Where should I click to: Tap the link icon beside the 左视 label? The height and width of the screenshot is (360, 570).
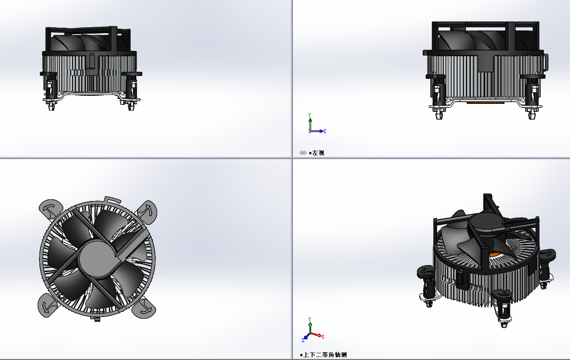pyautogui.click(x=303, y=153)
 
